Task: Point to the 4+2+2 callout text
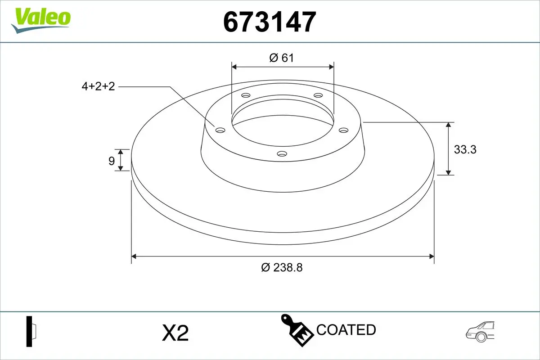pyautogui.click(x=98, y=86)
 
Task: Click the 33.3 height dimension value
pyautogui.click(x=464, y=149)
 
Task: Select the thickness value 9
pyautogui.click(x=112, y=161)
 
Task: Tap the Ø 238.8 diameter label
pyautogui.click(x=282, y=267)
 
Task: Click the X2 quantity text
pyautogui.click(x=175, y=333)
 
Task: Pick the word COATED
pyautogui.click(x=346, y=330)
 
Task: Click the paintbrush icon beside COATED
pyautogui.click(x=297, y=329)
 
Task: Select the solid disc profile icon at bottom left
pyautogui.click(x=31, y=332)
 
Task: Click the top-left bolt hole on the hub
pyautogui.click(x=245, y=95)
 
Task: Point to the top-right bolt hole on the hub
pyautogui.click(x=318, y=95)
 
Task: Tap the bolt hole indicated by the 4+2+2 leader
pyautogui.click(x=220, y=130)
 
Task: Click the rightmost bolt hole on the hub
pyautogui.click(x=344, y=130)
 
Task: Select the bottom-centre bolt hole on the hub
pyautogui.click(x=282, y=154)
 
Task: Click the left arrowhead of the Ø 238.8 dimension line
pyautogui.click(x=134, y=256)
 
